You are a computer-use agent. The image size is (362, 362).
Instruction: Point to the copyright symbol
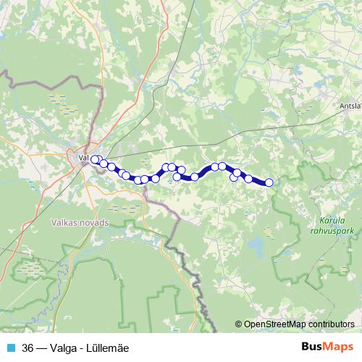click(x=240, y=324)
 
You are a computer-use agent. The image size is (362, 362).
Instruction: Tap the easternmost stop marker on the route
click(x=269, y=182)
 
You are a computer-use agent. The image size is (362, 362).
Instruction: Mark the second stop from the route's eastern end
click(x=248, y=179)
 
